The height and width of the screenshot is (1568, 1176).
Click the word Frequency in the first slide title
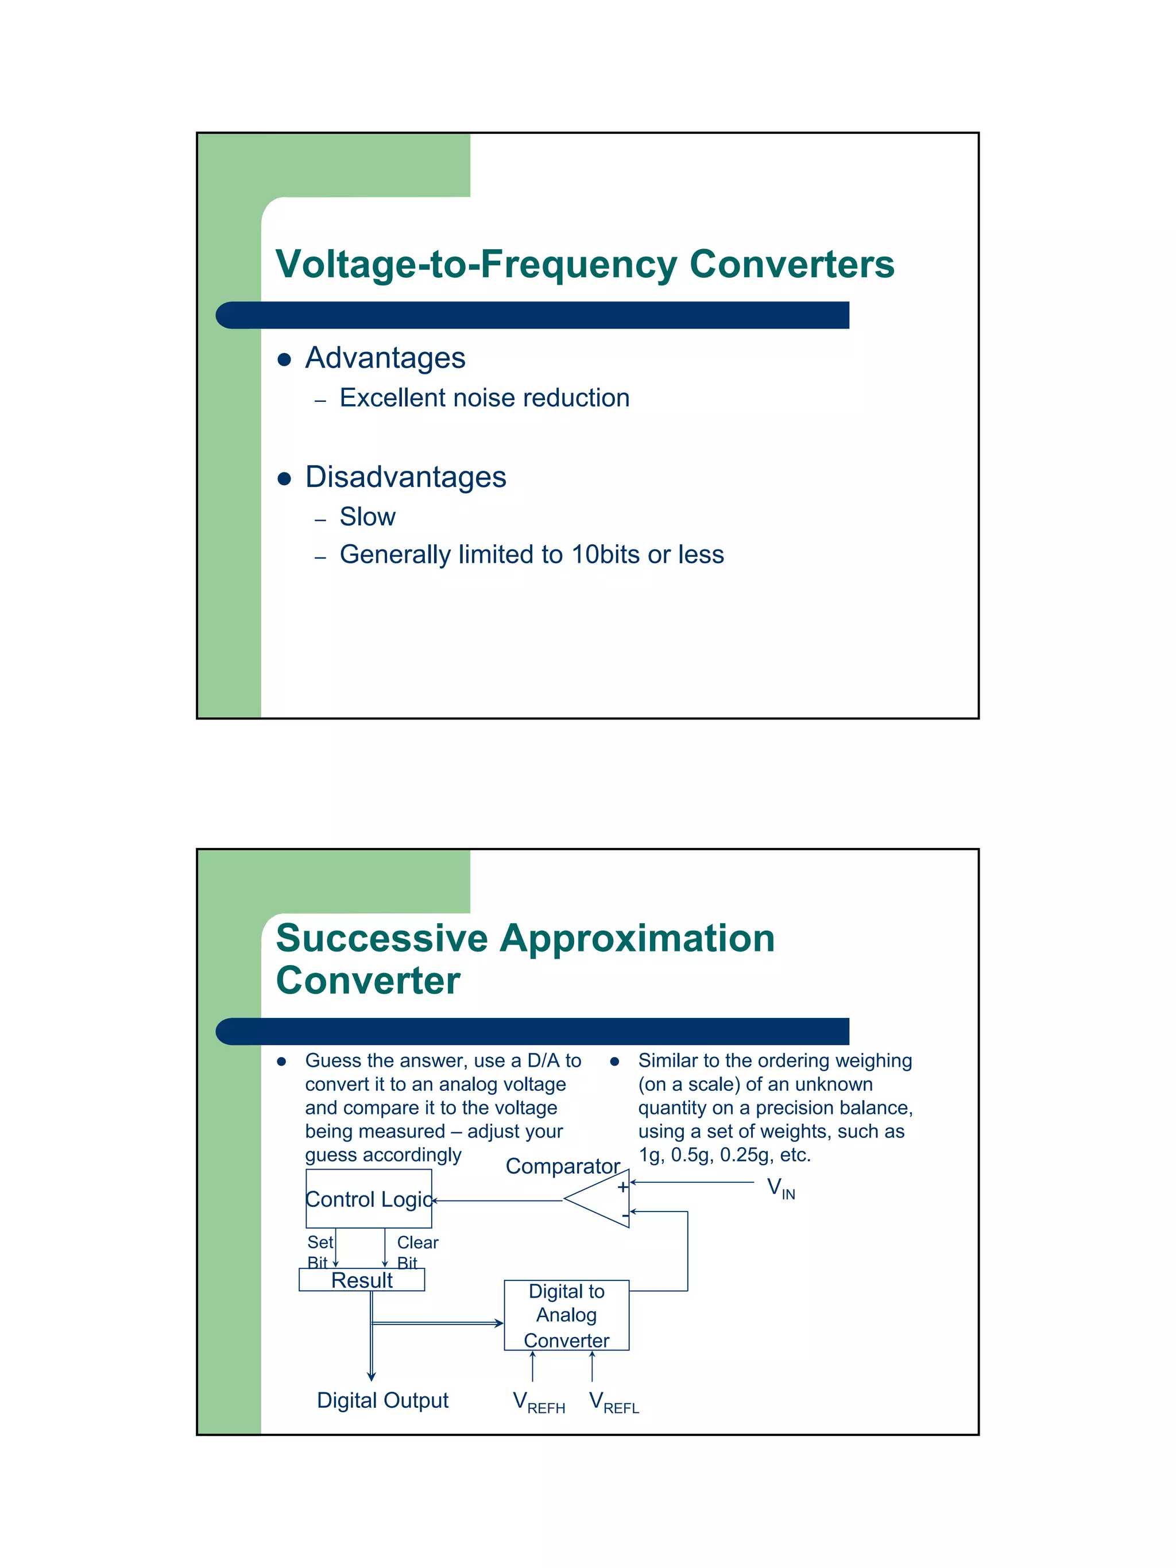578,265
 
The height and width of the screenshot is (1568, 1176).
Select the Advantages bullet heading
385,358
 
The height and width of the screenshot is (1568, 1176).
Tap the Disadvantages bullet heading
405,477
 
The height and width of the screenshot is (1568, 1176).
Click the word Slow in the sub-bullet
367,517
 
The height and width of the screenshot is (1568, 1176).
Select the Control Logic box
369,1199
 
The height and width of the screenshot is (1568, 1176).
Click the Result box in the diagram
362,1280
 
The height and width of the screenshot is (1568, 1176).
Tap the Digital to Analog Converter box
566,1315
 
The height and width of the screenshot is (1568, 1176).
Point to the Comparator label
563,1166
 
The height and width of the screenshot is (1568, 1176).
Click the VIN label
780,1188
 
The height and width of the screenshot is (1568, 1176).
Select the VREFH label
539,1401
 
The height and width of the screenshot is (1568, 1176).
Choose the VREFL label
614,1401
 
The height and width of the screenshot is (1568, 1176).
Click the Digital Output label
383,1400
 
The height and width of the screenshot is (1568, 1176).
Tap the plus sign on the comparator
622,1187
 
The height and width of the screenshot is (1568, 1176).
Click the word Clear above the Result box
417,1242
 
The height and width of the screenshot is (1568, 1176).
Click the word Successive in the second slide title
382,939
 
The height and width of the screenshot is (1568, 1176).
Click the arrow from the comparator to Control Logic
496,1201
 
